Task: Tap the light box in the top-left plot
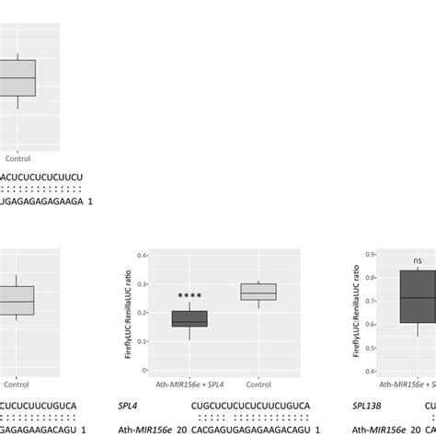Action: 17,78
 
